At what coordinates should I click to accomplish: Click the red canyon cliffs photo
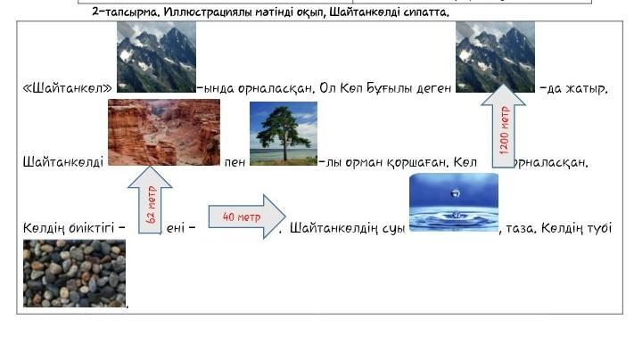164,133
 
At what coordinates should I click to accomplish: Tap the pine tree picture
284,134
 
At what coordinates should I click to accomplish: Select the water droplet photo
454,202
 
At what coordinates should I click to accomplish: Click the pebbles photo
74,274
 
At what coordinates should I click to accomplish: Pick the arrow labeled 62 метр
150,200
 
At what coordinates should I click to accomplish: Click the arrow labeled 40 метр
247,217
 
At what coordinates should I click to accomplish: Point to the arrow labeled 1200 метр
504,126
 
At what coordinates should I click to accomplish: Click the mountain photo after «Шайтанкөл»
156,57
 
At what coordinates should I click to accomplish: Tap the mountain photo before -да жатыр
495,57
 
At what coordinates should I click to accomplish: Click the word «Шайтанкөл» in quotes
68,88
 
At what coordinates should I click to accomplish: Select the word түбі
599,227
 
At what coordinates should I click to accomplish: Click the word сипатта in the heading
426,12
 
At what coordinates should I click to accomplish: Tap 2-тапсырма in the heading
126,12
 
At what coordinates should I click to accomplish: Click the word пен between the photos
235,162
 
